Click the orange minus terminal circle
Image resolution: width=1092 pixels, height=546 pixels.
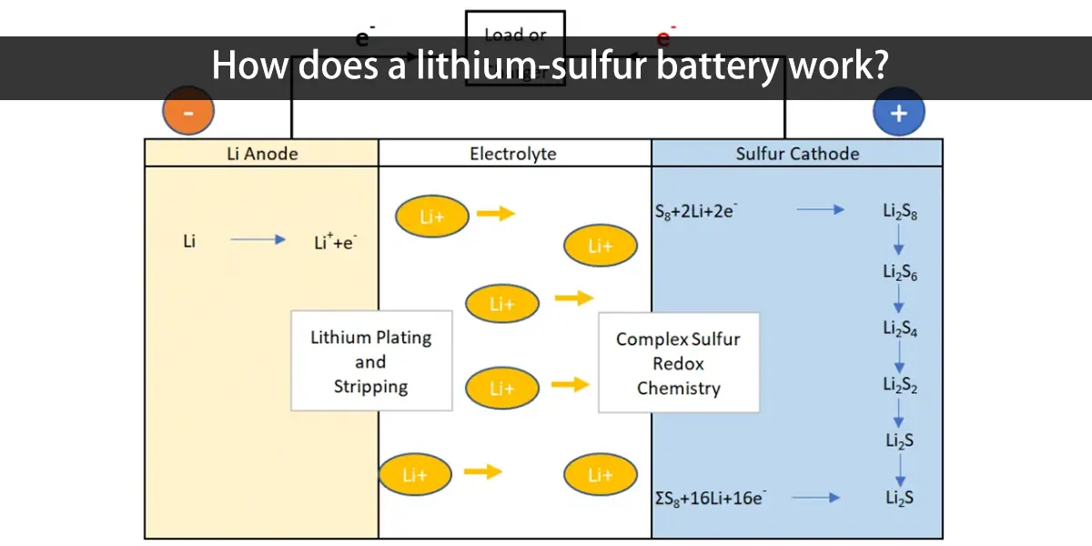click(x=188, y=113)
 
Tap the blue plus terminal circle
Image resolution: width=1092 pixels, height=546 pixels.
click(x=899, y=113)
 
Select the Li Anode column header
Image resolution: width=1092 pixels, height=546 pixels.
click(x=262, y=154)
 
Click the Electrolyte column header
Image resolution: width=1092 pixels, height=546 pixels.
click(x=513, y=154)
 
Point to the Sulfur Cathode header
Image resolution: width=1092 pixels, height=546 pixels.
click(x=797, y=154)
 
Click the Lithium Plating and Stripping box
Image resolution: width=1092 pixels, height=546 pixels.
click(x=371, y=361)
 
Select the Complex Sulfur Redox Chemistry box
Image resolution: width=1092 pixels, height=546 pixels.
click(x=678, y=363)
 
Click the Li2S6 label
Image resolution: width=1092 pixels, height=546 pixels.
click(x=900, y=271)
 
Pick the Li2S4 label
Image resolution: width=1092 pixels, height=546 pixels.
click(x=900, y=329)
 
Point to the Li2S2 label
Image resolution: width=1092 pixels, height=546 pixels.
click(x=900, y=385)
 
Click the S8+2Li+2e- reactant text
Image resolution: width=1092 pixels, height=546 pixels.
click(x=696, y=210)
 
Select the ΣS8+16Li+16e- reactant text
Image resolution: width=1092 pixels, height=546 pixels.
click(x=710, y=498)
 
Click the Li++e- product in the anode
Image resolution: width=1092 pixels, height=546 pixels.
click(x=334, y=242)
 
